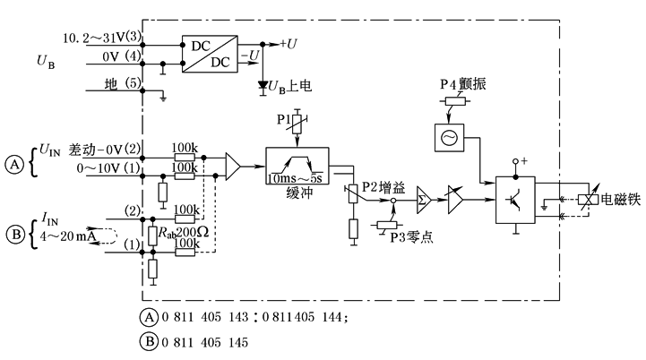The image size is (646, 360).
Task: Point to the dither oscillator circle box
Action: pyautogui.click(x=444, y=137)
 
